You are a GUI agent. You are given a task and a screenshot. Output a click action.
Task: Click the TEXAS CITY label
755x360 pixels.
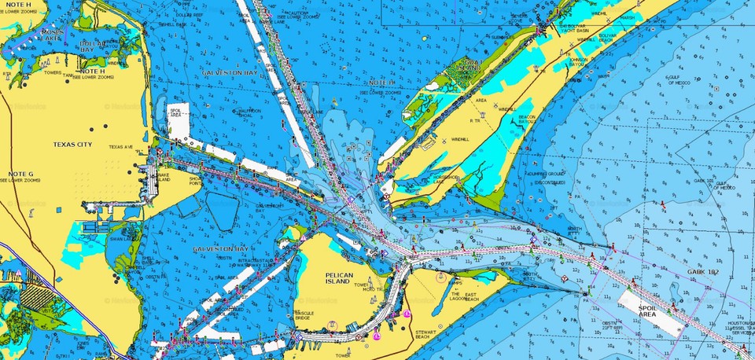pos(72,145)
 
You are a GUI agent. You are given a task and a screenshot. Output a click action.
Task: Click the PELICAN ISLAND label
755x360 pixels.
pos(343,279)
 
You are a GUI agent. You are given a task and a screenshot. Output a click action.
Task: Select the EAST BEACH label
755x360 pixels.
pos(471,297)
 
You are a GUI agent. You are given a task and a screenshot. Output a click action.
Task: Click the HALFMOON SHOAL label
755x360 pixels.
pos(249,114)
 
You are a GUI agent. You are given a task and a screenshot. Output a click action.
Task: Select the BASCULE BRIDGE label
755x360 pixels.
pos(304,315)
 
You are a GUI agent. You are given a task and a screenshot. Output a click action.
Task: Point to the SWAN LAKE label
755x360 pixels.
pos(120,238)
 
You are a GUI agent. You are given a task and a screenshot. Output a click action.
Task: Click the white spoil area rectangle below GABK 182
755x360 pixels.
pos(650,310)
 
